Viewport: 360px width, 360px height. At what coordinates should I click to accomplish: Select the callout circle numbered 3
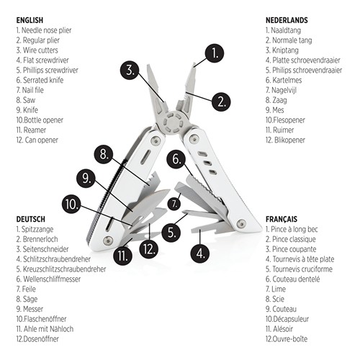click(x=130, y=71)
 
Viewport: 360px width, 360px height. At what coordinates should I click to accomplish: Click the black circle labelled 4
click(x=199, y=253)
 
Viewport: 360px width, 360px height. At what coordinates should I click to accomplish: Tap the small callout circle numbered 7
click(x=174, y=204)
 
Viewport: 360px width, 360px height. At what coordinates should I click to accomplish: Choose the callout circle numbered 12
click(x=149, y=249)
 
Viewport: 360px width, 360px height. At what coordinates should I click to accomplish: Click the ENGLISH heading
click(x=30, y=21)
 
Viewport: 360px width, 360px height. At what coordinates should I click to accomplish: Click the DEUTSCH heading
click(x=30, y=219)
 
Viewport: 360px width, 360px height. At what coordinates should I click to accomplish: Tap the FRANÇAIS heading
click(x=284, y=219)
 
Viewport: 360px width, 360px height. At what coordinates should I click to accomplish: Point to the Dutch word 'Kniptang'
click(x=282, y=51)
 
